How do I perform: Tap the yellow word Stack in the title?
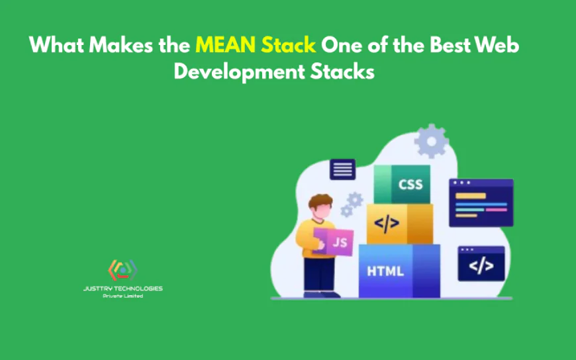(289, 46)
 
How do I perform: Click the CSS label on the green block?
(410, 184)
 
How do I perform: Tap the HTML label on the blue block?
(385, 271)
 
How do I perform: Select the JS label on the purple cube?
(340, 242)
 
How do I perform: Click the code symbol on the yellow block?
(387, 223)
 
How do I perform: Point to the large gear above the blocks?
(432, 140)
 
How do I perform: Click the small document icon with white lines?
(342, 169)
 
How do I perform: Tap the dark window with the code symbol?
(481, 263)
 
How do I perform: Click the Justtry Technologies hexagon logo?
(122, 270)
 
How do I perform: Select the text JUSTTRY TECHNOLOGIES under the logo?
(123, 289)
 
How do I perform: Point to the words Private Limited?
(123, 296)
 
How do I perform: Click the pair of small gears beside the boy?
(352, 204)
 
